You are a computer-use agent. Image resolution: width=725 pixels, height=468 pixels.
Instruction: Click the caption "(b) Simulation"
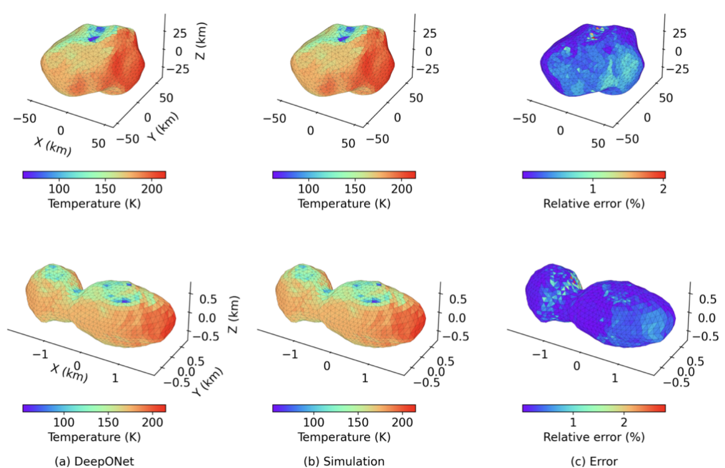pos(344,461)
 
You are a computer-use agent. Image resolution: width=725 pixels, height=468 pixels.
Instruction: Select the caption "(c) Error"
pos(593,461)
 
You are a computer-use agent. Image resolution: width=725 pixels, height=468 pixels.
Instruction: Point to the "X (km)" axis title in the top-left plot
pos(53,145)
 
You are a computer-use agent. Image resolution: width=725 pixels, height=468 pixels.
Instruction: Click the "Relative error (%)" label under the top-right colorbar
pos(593,203)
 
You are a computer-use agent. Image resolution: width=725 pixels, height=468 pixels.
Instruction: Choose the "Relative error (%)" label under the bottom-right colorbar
pos(593,437)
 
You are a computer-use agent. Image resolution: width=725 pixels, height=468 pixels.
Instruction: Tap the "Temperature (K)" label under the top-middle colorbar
pos(344,203)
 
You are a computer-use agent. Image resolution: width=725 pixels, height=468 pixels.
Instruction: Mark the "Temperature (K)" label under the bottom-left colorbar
pos(94,437)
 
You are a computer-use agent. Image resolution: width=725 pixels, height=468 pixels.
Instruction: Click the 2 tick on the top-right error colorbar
pos(662,188)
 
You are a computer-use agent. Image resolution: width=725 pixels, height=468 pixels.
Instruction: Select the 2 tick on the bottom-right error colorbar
pos(623,422)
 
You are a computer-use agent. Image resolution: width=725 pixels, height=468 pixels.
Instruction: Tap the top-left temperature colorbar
pos(94,174)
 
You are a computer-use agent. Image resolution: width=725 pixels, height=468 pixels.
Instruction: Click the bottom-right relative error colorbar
pos(593,408)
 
